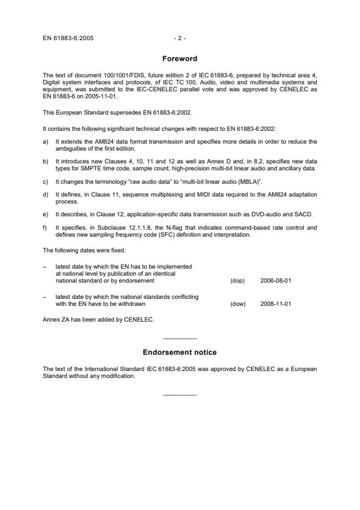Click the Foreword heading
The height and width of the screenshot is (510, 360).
180,59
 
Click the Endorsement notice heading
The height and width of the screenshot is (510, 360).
180,352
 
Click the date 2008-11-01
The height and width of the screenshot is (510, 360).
276,303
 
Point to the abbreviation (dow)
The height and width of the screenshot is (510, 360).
237,303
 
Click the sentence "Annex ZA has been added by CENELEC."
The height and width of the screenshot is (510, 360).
89,319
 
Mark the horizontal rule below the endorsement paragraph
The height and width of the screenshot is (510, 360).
180,395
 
